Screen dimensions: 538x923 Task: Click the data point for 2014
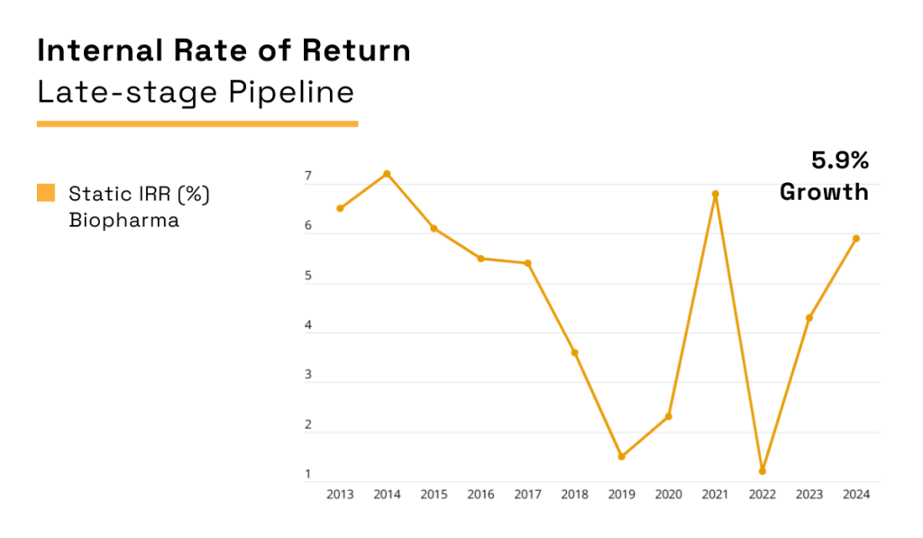pyautogui.click(x=387, y=174)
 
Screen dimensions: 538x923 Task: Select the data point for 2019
pyautogui.click(x=621, y=456)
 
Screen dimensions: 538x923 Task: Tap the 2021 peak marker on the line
pyautogui.click(x=715, y=194)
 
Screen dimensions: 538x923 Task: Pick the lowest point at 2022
pyautogui.click(x=762, y=470)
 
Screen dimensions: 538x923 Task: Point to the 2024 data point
pyautogui.click(x=855, y=239)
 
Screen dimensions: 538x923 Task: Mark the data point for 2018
pyautogui.click(x=574, y=352)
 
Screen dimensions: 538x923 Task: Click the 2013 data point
pyautogui.click(x=340, y=208)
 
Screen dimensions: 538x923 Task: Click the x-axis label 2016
pyautogui.click(x=480, y=495)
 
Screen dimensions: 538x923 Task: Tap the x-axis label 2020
pyautogui.click(x=668, y=495)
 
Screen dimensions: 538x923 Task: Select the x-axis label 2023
pyautogui.click(x=809, y=495)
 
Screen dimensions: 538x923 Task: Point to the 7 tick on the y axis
pyautogui.click(x=307, y=177)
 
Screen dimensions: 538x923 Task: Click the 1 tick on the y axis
pyautogui.click(x=307, y=474)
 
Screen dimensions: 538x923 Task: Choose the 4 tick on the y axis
pyautogui.click(x=307, y=325)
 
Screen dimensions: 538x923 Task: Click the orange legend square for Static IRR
pyautogui.click(x=46, y=193)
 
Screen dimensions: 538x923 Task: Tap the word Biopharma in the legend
pyautogui.click(x=123, y=220)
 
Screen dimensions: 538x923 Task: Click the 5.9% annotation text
pyautogui.click(x=839, y=161)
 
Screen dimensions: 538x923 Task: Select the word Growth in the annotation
pyautogui.click(x=824, y=192)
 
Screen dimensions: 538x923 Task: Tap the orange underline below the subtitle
pyautogui.click(x=197, y=123)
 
